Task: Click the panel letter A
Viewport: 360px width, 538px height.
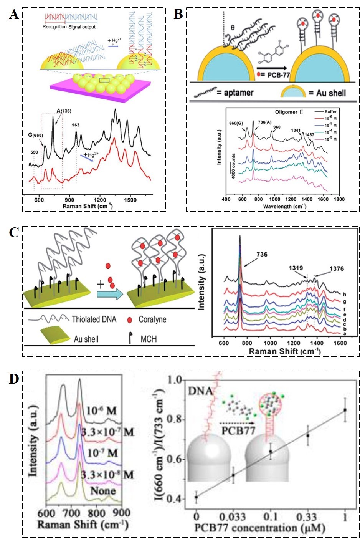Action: click(14, 15)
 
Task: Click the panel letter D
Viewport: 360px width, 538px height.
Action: click(14, 379)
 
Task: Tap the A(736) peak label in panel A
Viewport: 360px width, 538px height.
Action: click(64, 111)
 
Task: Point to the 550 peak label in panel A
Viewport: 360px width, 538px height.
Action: click(34, 152)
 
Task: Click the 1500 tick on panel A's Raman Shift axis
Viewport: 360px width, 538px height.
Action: click(130, 200)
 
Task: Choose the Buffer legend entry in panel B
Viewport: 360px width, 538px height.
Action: click(330, 111)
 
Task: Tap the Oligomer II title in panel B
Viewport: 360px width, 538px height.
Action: click(289, 112)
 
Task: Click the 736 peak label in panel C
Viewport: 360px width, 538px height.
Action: click(262, 254)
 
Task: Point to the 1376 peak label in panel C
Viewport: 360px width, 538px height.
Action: click(336, 268)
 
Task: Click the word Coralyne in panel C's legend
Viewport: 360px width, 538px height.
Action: click(152, 319)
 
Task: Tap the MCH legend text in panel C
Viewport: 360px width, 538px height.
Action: click(149, 339)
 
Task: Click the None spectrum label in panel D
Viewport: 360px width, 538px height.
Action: click(103, 491)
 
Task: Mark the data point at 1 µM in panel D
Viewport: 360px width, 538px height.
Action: click(345, 410)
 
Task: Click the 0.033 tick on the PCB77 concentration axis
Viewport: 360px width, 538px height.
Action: click(233, 516)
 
